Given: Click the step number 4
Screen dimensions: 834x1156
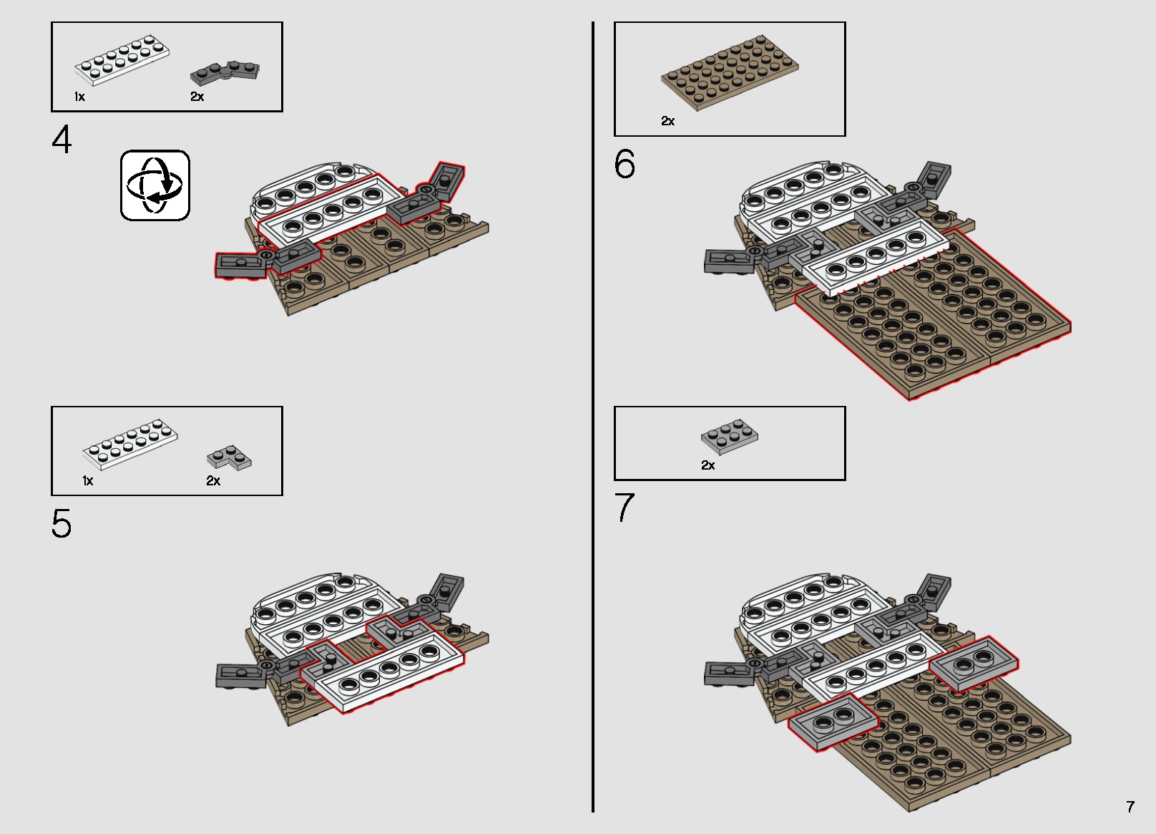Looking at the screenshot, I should (62, 140).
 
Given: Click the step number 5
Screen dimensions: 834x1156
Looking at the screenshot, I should (62, 525).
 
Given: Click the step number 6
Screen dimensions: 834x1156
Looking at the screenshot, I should (624, 165).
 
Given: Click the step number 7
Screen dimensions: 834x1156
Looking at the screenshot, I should (624, 508).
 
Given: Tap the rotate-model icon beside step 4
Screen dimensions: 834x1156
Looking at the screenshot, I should (155, 185).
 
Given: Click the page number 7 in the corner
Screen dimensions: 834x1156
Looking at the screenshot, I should (1130, 807).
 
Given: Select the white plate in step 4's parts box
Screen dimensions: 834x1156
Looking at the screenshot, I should (122, 60).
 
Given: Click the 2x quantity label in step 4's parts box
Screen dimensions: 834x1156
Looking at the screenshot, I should (197, 97).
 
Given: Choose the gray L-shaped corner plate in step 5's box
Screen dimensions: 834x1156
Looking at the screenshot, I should (229, 458).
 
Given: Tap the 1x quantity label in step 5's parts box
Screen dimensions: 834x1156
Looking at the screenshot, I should (88, 481).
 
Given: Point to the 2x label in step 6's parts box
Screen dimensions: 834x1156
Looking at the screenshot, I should (667, 121).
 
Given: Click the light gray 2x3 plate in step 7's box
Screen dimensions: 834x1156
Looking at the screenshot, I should (729, 437).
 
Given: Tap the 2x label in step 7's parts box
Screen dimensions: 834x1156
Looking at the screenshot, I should (707, 465).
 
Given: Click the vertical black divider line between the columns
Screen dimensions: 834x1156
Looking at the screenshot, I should (593, 415).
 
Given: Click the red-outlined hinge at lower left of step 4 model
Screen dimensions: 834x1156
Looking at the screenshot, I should (243, 265).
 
